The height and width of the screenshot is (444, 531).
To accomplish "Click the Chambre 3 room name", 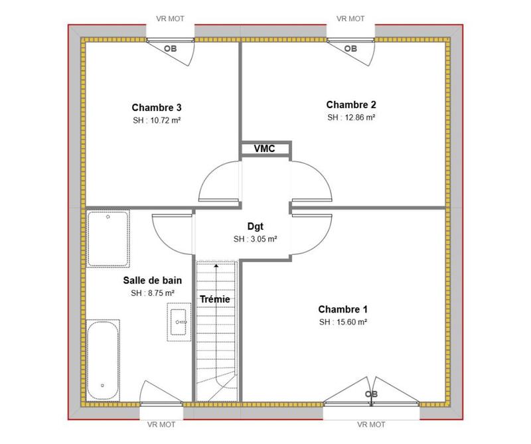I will [x=157, y=108].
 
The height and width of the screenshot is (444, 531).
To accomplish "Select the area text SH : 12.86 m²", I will [x=351, y=117].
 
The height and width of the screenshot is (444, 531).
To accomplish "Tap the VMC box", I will [x=264, y=149].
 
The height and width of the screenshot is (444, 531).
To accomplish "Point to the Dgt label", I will [x=256, y=226].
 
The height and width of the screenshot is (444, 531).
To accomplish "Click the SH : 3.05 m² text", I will [x=255, y=240].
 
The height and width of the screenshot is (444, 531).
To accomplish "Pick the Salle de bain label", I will [x=152, y=280].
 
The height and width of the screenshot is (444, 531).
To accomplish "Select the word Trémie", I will [x=215, y=299].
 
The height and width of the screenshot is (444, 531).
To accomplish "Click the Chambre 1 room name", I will [x=342, y=309].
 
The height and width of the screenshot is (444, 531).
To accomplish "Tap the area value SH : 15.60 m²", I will [x=343, y=323].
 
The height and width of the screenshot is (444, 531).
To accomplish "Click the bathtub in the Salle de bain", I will [x=103, y=357].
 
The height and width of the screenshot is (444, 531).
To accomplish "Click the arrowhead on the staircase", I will [x=216, y=266].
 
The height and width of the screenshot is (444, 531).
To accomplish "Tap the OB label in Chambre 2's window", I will [x=350, y=48].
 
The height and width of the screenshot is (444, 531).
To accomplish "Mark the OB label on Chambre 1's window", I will [x=372, y=394].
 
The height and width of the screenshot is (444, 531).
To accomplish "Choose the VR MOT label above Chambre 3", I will [x=171, y=19].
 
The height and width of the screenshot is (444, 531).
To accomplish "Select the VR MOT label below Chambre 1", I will [x=371, y=424].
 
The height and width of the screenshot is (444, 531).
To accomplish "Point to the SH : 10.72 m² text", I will [x=157, y=121].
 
